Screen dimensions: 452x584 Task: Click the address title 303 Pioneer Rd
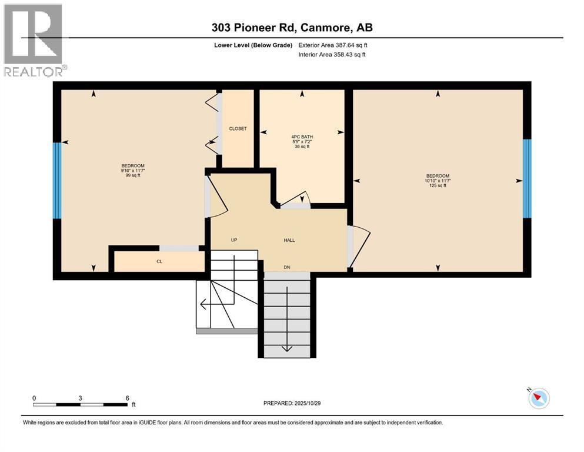(292, 28)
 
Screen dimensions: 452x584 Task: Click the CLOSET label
(238, 128)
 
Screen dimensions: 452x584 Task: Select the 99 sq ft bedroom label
(133, 171)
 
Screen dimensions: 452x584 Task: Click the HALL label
(289, 240)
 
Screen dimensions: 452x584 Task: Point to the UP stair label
(233, 240)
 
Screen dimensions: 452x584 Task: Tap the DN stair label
(287, 267)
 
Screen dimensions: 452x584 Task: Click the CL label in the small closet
(159, 261)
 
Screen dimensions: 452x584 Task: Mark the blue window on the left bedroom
(56, 181)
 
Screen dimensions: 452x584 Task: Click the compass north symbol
(538, 398)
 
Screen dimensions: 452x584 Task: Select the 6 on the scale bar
(127, 398)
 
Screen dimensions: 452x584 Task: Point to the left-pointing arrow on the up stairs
(203, 304)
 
